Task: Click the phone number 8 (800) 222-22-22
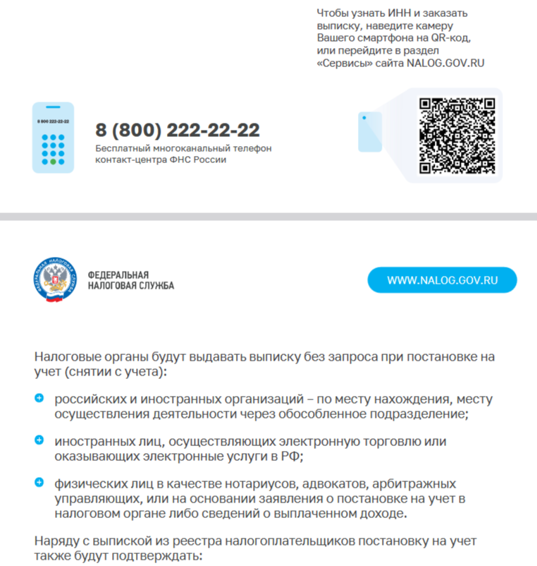178,131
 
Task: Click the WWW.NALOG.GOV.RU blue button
442,280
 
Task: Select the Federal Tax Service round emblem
57,280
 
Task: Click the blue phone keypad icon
53,138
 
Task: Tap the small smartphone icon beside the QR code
369,131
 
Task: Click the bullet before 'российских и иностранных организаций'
39,399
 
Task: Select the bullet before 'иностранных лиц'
39,440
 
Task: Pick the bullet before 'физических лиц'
39,483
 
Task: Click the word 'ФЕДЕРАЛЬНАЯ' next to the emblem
118,275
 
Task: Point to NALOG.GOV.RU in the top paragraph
445,62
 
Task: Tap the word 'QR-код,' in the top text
450,38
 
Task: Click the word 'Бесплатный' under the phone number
121,149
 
